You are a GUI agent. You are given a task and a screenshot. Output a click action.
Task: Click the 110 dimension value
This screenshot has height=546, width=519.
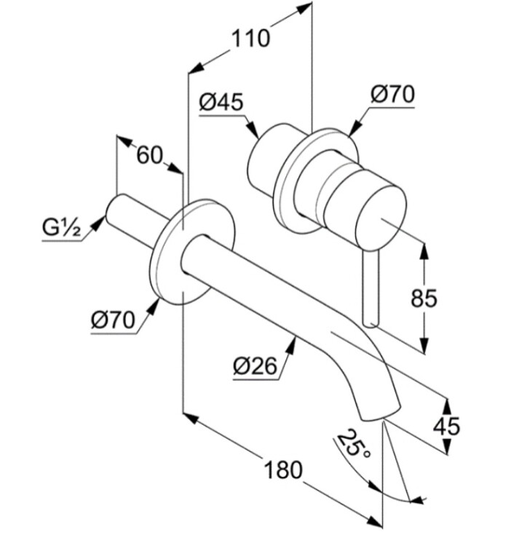coord(250,39)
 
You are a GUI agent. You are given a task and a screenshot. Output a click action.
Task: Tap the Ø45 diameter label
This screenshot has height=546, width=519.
coord(221,102)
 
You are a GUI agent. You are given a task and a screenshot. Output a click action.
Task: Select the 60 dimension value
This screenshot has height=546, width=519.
coord(150,155)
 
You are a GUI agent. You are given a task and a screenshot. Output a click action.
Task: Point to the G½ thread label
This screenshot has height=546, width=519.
coord(62,228)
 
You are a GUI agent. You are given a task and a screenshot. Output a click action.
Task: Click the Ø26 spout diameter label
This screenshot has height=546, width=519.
coord(255,365)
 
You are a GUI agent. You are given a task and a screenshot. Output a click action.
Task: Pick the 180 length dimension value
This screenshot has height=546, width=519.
coord(283,470)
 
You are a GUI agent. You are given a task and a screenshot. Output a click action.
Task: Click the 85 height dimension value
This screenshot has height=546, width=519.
coord(424,298)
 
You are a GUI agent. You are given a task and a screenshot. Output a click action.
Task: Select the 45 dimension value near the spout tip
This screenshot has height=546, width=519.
coord(447,426)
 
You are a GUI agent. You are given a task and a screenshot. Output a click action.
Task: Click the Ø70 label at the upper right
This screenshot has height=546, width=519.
coord(392,95)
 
